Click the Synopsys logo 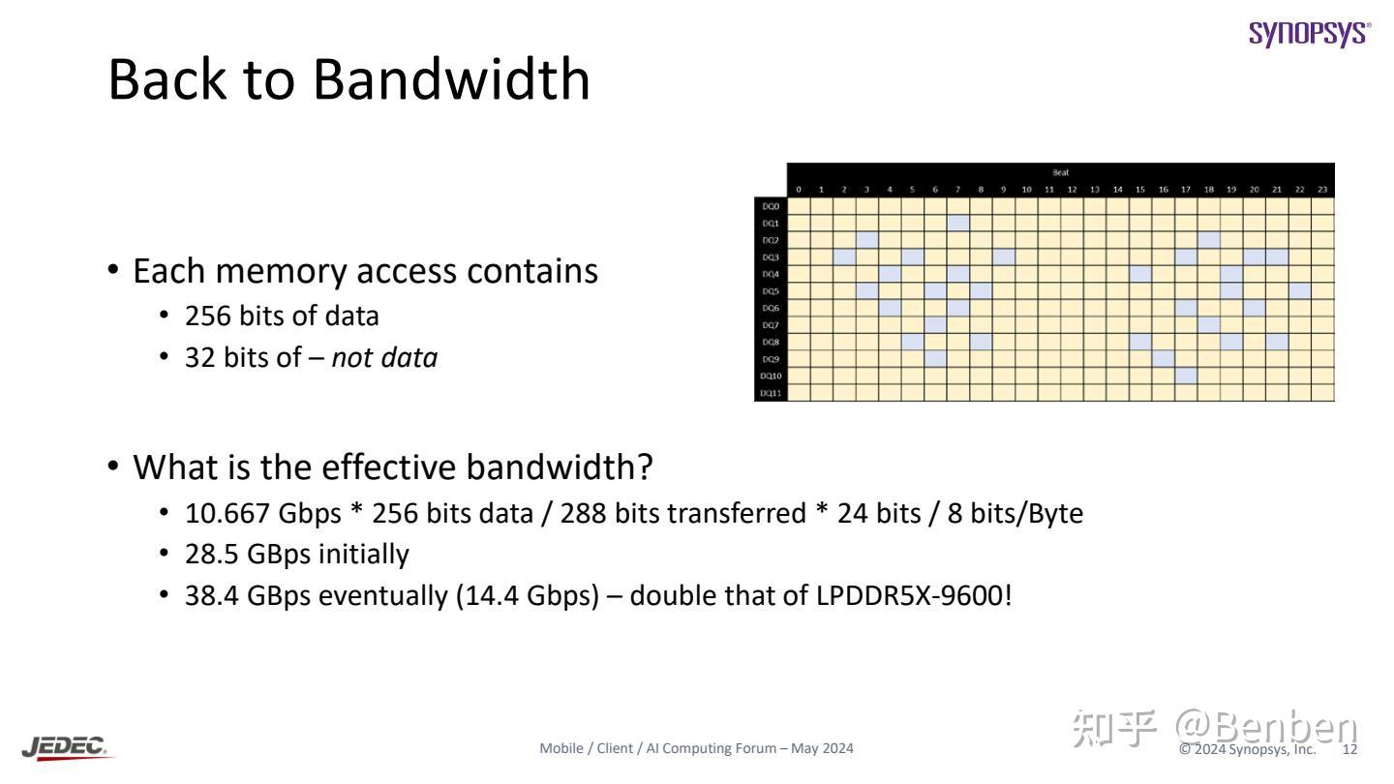(x=1310, y=33)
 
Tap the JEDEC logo (x=65, y=747)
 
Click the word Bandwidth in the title (x=451, y=79)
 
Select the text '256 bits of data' (x=282, y=317)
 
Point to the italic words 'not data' (x=384, y=358)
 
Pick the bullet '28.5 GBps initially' (x=297, y=555)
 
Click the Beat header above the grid (x=1061, y=172)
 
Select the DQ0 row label (x=771, y=206)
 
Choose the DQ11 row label (x=771, y=393)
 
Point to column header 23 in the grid (x=1322, y=190)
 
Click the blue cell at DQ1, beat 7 (x=958, y=223)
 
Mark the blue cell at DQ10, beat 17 (x=1187, y=376)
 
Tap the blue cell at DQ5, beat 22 (x=1300, y=290)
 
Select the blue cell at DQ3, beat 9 (x=1004, y=256)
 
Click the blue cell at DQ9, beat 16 (x=1164, y=358)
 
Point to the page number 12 (x=1349, y=749)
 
